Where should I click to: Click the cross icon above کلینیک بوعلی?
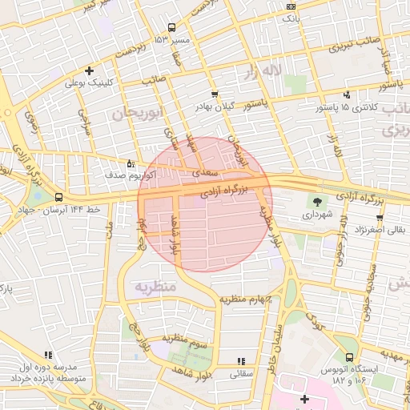(x=89, y=70)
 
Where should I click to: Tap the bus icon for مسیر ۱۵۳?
(x=171, y=28)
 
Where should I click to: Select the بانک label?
(x=291, y=16)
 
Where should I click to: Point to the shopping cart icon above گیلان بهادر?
(x=214, y=94)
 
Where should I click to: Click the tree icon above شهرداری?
(x=320, y=203)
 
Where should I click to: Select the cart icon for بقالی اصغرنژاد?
(x=379, y=218)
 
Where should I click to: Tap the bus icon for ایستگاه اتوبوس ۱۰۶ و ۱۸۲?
(x=349, y=358)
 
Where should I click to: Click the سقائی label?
(x=240, y=373)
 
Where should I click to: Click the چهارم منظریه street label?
(x=248, y=299)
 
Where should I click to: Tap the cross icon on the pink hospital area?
(x=303, y=398)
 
